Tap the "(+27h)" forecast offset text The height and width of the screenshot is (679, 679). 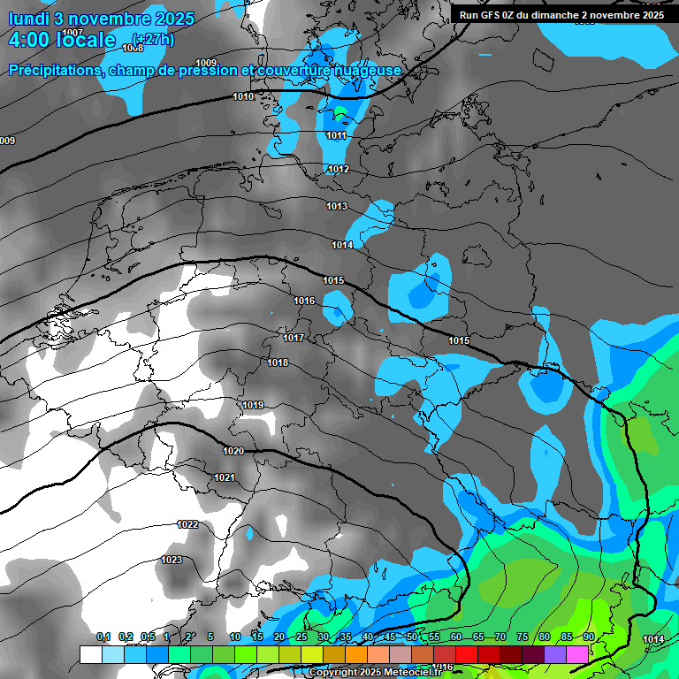tap(152, 39)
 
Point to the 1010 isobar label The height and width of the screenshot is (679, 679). tap(243, 96)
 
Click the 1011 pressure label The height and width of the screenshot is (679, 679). tap(336, 135)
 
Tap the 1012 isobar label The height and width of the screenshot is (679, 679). tap(339, 169)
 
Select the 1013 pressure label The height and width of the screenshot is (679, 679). tap(337, 206)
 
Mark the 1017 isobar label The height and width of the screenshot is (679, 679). tap(294, 338)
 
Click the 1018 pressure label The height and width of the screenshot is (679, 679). tap(278, 362)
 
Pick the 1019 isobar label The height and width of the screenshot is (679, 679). tap(253, 405)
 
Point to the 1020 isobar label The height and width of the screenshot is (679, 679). tap(233, 451)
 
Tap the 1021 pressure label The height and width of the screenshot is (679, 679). tap(225, 477)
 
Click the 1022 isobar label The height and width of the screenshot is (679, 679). tap(187, 524)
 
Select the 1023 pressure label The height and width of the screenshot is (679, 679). tap(172, 560)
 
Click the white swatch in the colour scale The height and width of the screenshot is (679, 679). tap(90, 654)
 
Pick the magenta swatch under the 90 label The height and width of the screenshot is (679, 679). tap(577, 654)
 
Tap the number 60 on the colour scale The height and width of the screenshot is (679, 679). tap(455, 637)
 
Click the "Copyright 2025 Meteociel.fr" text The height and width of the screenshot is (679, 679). tap(375, 673)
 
